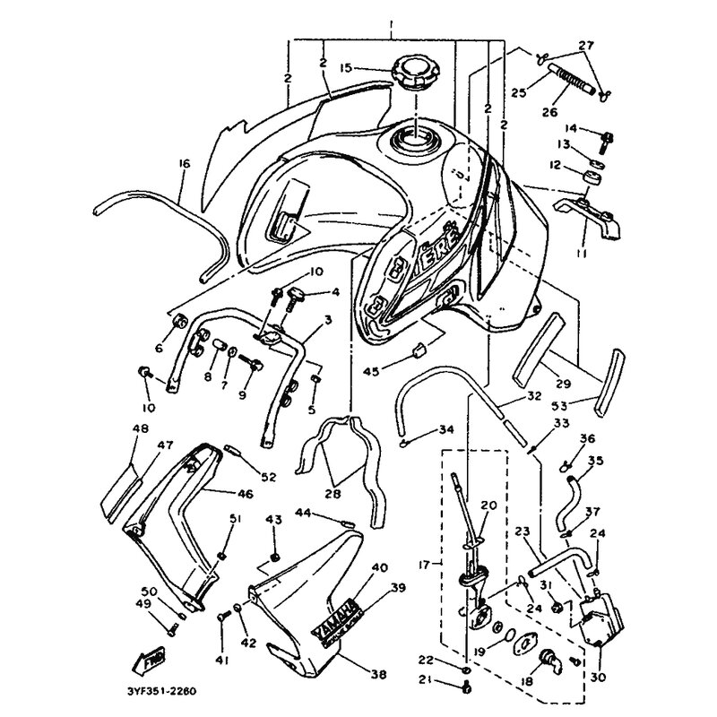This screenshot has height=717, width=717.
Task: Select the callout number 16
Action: pos(185,163)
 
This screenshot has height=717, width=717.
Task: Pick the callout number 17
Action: pos(426,565)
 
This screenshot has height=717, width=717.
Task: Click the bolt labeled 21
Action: pos(466,688)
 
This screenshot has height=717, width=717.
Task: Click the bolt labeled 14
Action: pos(609,137)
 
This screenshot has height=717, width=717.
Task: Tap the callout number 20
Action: pos(488,505)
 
